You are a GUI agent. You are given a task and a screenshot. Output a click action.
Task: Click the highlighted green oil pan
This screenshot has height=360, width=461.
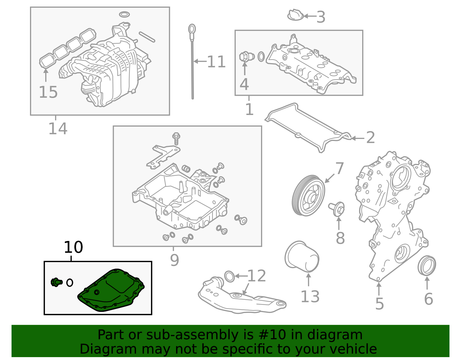[112, 291]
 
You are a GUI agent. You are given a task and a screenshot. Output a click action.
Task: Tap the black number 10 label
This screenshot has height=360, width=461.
[73, 247]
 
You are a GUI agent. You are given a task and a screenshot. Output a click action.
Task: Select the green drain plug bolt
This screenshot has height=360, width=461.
[56, 282]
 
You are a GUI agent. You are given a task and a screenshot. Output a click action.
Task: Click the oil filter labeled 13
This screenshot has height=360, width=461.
[302, 257]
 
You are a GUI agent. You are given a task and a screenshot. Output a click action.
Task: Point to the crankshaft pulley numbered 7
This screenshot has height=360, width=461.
[308, 195]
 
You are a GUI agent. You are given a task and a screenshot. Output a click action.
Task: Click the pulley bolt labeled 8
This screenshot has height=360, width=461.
[337, 209]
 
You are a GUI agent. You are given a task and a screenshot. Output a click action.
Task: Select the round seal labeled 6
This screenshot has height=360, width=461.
[427, 265]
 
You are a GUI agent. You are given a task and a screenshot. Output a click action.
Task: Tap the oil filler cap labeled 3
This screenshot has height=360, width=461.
[295, 15]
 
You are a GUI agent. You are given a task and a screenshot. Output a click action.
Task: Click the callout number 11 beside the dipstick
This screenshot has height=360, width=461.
[216, 62]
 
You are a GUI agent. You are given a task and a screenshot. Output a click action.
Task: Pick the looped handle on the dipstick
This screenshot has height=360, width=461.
[192, 29]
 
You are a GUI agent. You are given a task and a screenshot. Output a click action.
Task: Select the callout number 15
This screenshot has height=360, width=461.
[48, 92]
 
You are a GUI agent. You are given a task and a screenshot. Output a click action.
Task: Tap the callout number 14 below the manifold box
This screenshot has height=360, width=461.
[58, 129]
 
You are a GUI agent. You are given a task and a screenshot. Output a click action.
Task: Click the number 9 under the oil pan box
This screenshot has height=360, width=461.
[174, 260]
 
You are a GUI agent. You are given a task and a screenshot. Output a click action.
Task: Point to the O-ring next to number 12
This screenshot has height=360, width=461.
[229, 276]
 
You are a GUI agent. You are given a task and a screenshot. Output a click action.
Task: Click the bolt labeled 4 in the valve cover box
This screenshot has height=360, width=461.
[245, 56]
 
